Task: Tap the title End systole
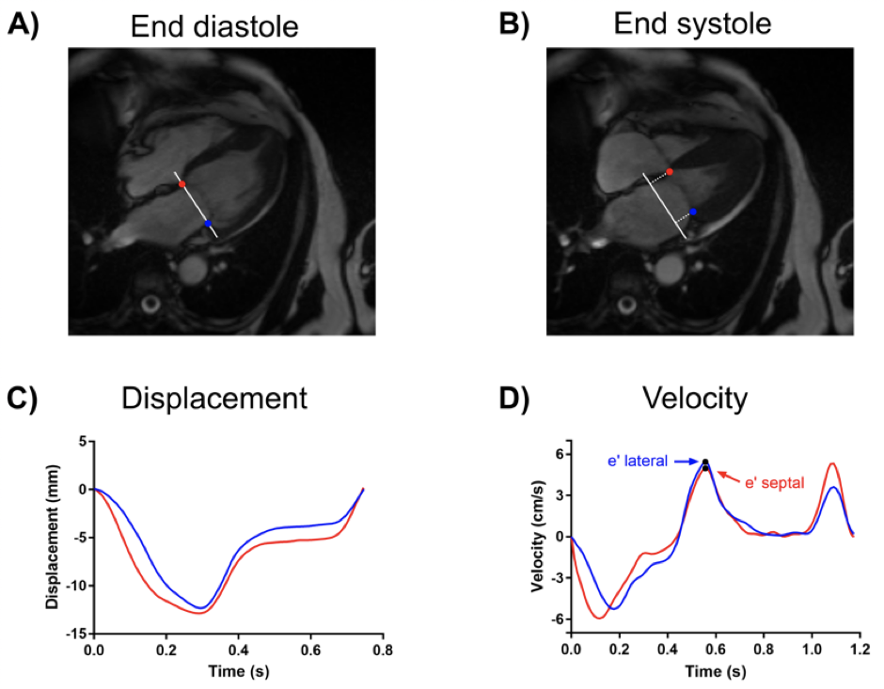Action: coord(693,24)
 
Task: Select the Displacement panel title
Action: coord(214,399)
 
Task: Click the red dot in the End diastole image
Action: coord(182,183)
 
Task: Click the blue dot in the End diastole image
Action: coord(208,223)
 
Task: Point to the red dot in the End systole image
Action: coord(669,172)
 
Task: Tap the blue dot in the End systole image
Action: coord(692,212)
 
